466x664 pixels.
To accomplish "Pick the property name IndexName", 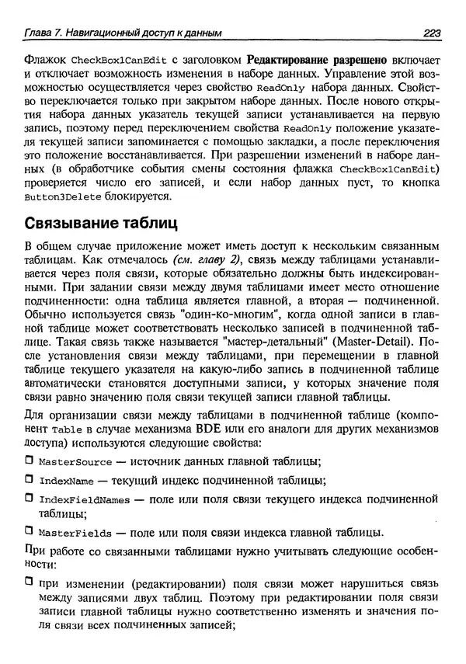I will (x=65, y=481).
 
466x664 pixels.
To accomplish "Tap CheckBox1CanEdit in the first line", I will (x=118, y=61).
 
